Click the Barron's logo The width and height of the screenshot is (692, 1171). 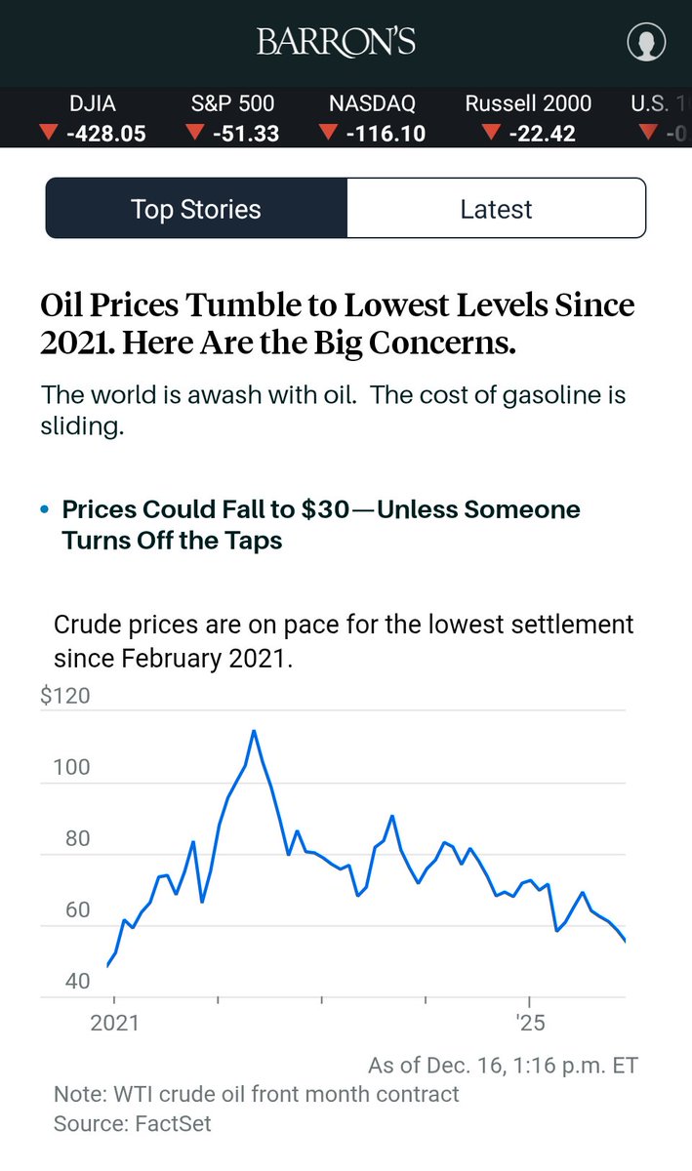click(336, 42)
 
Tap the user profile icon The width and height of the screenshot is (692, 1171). click(645, 42)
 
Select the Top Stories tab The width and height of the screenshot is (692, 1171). click(196, 209)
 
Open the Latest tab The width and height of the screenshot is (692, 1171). click(496, 209)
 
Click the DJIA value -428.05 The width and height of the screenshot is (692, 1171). click(105, 134)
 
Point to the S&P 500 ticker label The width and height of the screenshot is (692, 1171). click(232, 103)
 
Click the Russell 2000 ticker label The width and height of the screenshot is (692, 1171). click(528, 103)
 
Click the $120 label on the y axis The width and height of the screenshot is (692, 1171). click(65, 697)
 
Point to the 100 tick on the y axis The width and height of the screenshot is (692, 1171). click(71, 768)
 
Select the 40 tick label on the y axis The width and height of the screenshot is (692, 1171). click(77, 982)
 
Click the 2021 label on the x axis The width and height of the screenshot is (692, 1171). click(114, 1024)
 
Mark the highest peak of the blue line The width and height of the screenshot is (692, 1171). click(254, 730)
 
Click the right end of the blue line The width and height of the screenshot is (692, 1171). click(625, 942)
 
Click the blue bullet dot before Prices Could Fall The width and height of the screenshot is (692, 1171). click(45, 510)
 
